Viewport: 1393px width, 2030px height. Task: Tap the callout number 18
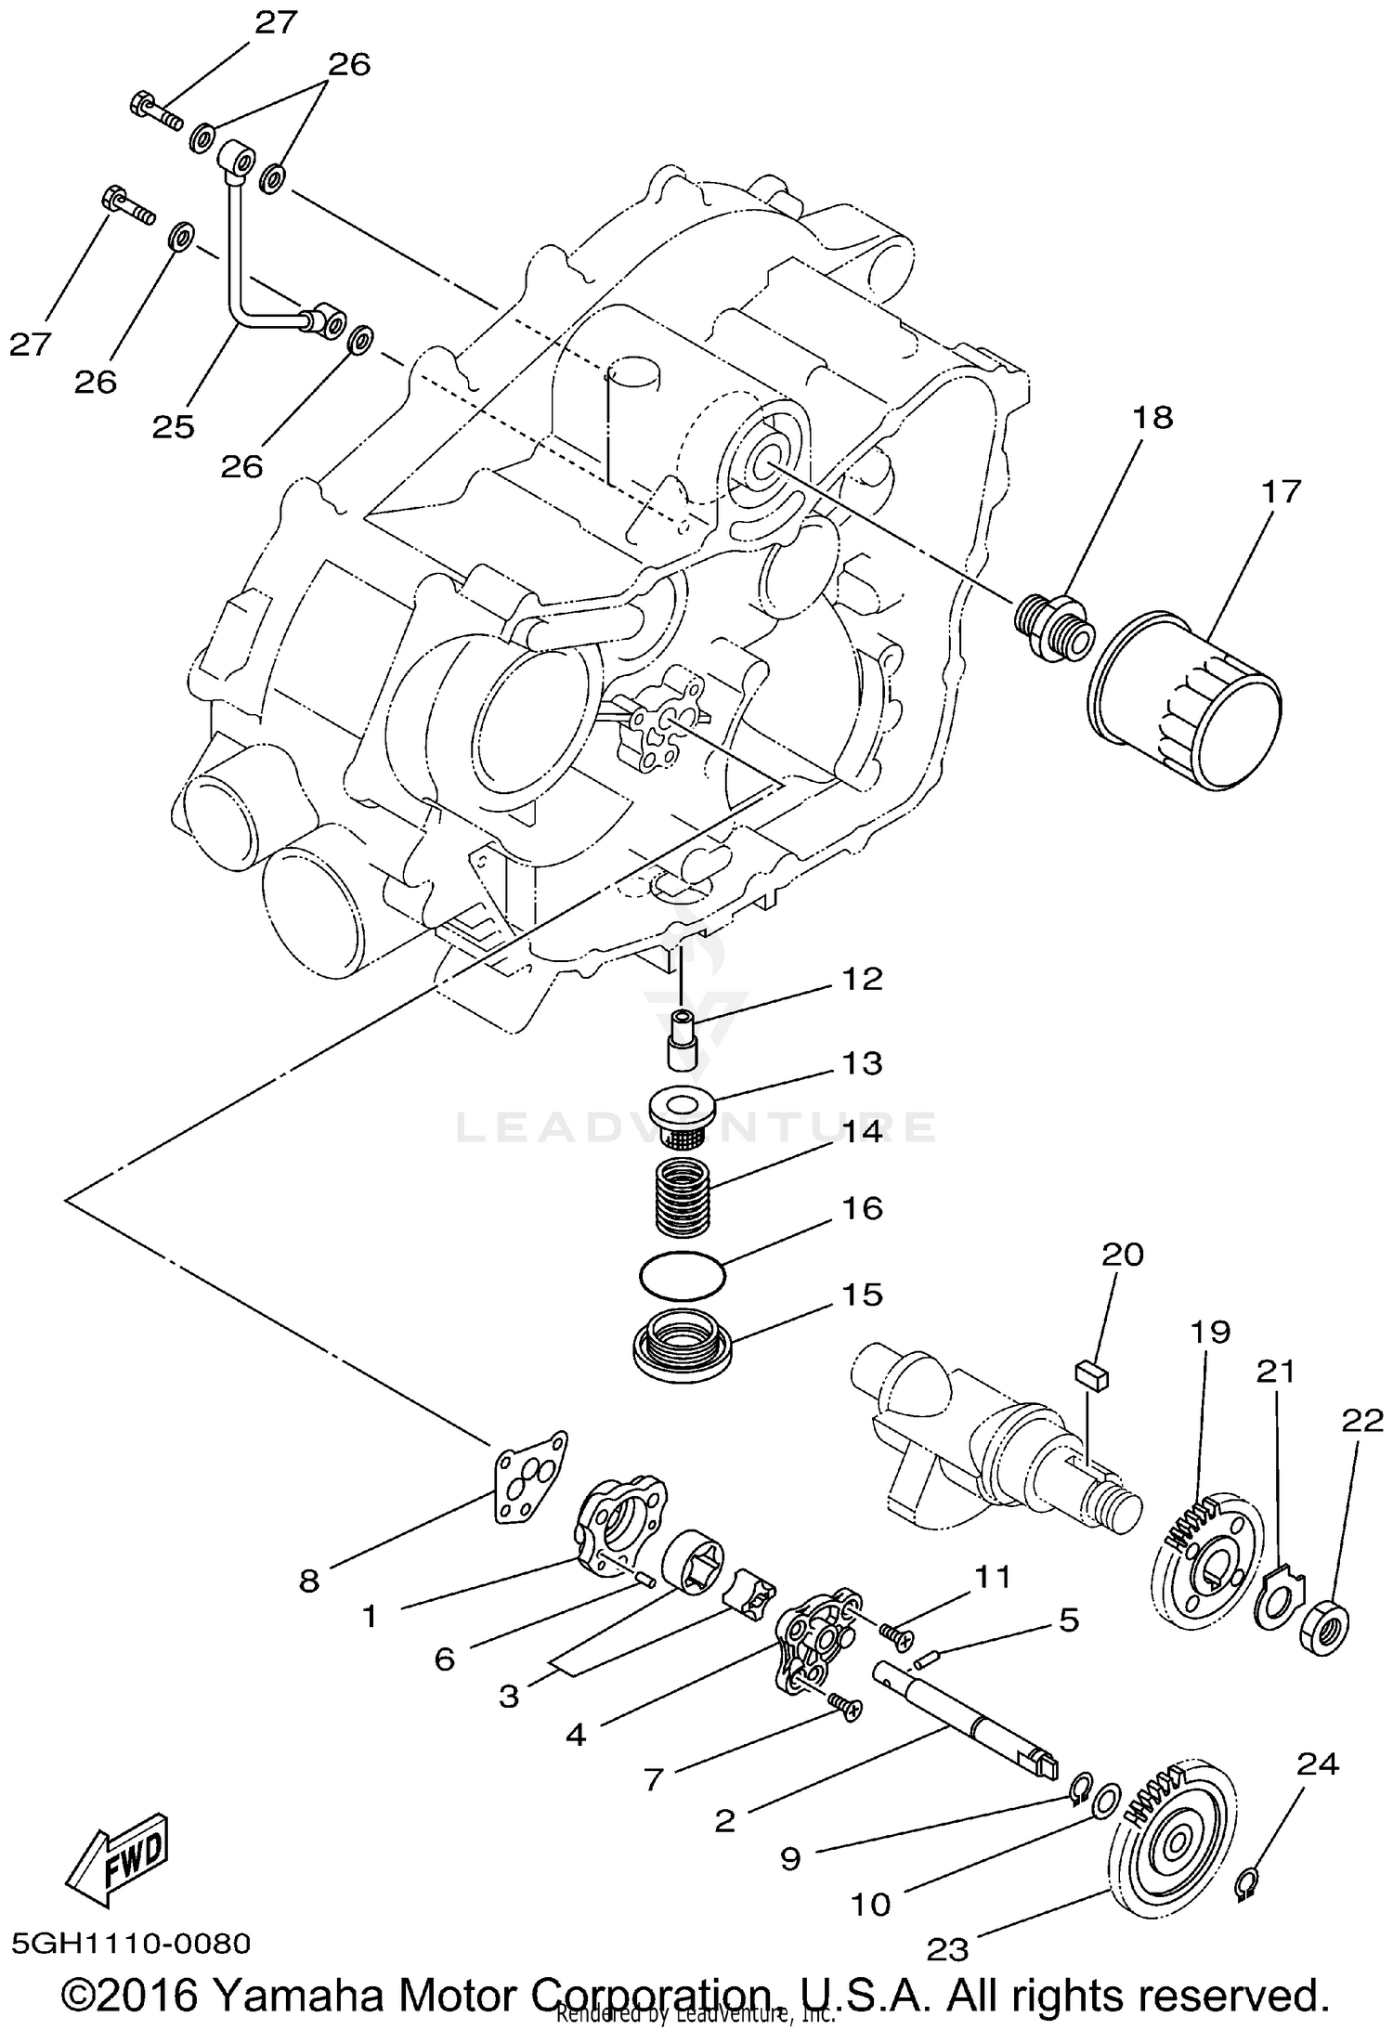tap(1152, 418)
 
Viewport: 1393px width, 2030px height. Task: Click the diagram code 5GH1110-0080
tap(131, 1943)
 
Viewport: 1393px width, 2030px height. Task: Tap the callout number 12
tap(862, 980)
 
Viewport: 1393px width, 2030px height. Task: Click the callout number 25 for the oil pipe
tap(174, 427)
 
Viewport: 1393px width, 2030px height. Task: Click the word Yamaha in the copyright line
tap(288, 1993)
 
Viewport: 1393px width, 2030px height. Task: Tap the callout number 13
tap(862, 1063)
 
